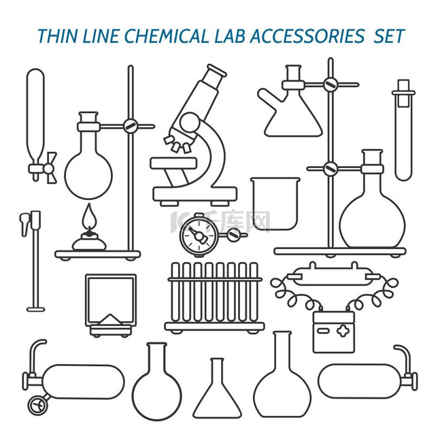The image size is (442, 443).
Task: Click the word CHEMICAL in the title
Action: coord(167,36)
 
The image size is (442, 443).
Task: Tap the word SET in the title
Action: coord(390,36)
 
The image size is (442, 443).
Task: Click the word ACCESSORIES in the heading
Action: coord(307,36)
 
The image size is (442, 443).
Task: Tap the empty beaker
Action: coord(275,203)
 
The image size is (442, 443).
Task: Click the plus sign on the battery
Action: coord(343,331)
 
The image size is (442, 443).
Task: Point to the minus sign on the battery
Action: coord(324,331)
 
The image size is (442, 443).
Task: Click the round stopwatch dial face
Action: coord(198,235)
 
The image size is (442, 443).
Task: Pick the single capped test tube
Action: coord(404,130)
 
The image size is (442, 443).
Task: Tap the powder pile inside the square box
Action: coord(111,320)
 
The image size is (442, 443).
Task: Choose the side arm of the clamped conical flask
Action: coord(269,97)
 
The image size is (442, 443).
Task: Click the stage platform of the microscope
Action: coord(173,163)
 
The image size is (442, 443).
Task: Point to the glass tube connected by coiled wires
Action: coord(333,276)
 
